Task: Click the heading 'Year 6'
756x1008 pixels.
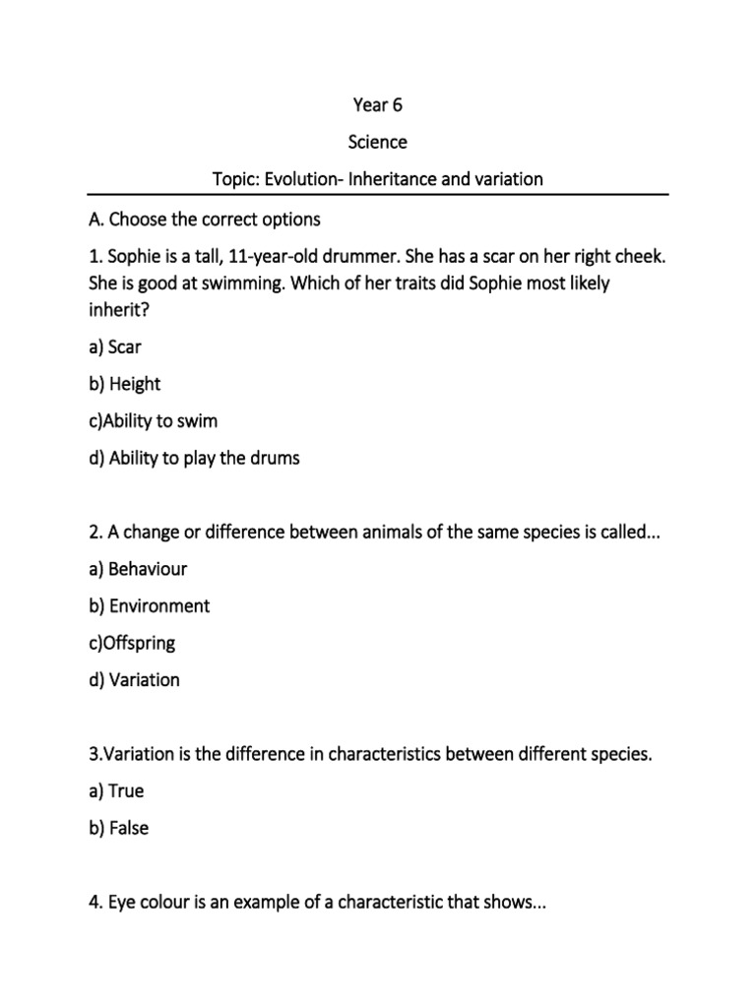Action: [378, 104]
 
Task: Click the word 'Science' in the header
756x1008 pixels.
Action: [378, 142]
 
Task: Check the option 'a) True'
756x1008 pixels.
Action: [116, 790]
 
